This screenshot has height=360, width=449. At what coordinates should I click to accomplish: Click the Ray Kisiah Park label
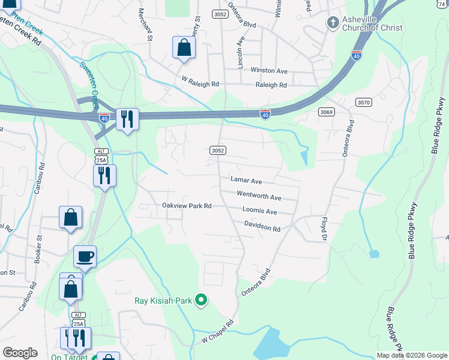coord(162,300)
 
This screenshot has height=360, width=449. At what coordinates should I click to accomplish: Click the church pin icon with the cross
coord(333,23)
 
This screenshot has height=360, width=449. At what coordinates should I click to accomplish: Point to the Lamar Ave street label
coord(246,180)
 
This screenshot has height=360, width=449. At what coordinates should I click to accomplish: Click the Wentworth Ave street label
coord(259,197)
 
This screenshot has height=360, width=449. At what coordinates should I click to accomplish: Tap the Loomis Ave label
coord(259,211)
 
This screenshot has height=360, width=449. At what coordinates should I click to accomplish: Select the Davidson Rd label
coord(262,229)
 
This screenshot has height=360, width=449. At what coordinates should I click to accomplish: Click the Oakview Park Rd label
coord(187,206)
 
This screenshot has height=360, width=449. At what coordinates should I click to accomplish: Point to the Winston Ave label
coord(269,71)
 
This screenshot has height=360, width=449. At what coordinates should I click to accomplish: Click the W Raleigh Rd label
coord(200,85)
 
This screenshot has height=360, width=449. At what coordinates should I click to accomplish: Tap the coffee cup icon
coord(85,256)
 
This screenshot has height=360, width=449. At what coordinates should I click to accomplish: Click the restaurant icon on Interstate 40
coord(127,118)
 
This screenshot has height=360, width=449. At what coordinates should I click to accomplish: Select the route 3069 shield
coord(326,112)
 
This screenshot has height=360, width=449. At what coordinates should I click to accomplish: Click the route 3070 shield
coord(363,103)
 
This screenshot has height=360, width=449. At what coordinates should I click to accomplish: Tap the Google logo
coord(20,353)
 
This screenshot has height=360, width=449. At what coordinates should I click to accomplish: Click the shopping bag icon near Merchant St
coord(184,47)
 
